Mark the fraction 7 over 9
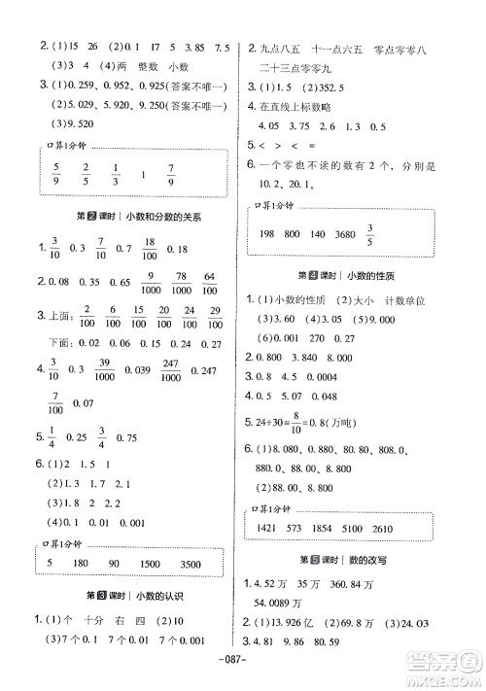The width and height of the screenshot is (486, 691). click(171, 181)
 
